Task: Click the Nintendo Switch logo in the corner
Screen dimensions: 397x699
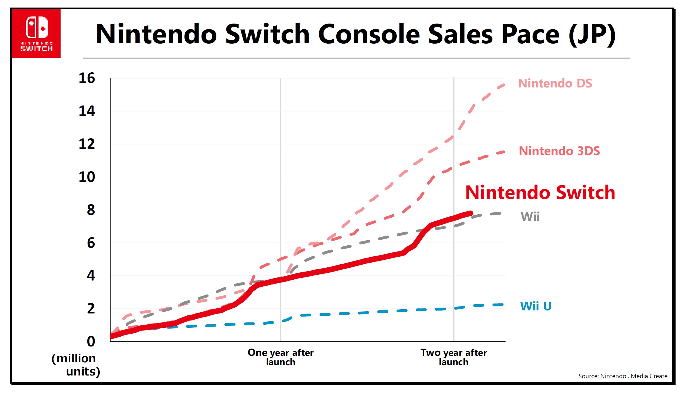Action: point(36,34)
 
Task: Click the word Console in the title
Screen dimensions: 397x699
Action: point(368,34)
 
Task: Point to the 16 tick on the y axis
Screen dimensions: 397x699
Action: point(87,78)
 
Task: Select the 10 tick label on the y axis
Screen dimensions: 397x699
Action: point(87,177)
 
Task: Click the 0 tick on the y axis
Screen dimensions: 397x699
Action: point(91,341)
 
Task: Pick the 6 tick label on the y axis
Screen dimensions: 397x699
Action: point(91,243)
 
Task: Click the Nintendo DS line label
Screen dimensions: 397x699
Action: point(555,83)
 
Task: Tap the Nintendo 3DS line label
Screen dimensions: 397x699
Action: point(559,151)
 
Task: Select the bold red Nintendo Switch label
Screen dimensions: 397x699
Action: point(540,192)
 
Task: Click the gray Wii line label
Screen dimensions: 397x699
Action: point(530,217)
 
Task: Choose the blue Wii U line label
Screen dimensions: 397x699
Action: point(536,306)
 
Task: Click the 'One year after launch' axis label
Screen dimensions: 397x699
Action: point(281,357)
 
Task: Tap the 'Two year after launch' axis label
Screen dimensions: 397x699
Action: point(454,357)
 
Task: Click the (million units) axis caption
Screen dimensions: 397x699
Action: point(75,365)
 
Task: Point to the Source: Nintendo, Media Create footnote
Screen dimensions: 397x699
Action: point(623,376)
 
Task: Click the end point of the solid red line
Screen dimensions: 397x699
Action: point(471,213)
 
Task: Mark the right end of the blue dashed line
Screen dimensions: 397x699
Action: point(502,305)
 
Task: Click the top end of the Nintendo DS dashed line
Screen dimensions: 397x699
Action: point(504,85)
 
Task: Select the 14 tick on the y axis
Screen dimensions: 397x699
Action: point(87,111)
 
